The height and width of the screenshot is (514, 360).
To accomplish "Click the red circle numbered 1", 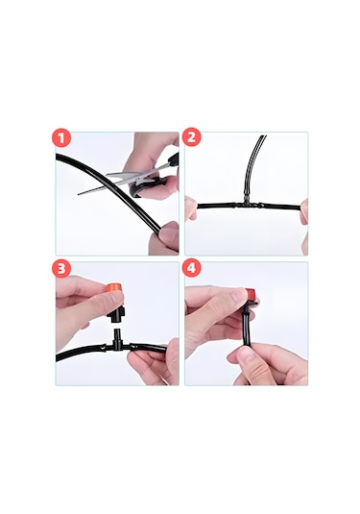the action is coord(61,138).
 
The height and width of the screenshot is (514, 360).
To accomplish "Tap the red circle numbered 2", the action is coord(191,137).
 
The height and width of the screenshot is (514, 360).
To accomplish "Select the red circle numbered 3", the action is coord(61,268).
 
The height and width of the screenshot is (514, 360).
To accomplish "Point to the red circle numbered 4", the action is coord(191,268).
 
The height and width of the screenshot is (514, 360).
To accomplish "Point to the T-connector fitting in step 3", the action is coord(116,342).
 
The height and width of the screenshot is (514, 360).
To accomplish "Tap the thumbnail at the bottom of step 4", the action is coord(246,355).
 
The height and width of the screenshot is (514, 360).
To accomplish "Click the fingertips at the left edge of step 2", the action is coord(191,208).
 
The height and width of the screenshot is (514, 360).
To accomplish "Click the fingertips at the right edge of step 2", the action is coord(304,212).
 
